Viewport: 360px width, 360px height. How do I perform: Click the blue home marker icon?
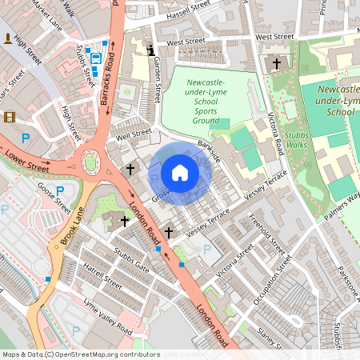point(180,173)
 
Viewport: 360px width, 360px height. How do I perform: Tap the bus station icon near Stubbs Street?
point(94,58)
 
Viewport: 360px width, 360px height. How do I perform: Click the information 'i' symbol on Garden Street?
point(152,50)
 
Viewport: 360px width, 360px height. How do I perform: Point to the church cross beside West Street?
point(277,63)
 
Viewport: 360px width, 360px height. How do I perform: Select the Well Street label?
point(133,134)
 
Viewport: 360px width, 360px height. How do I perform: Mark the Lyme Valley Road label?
point(109,317)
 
